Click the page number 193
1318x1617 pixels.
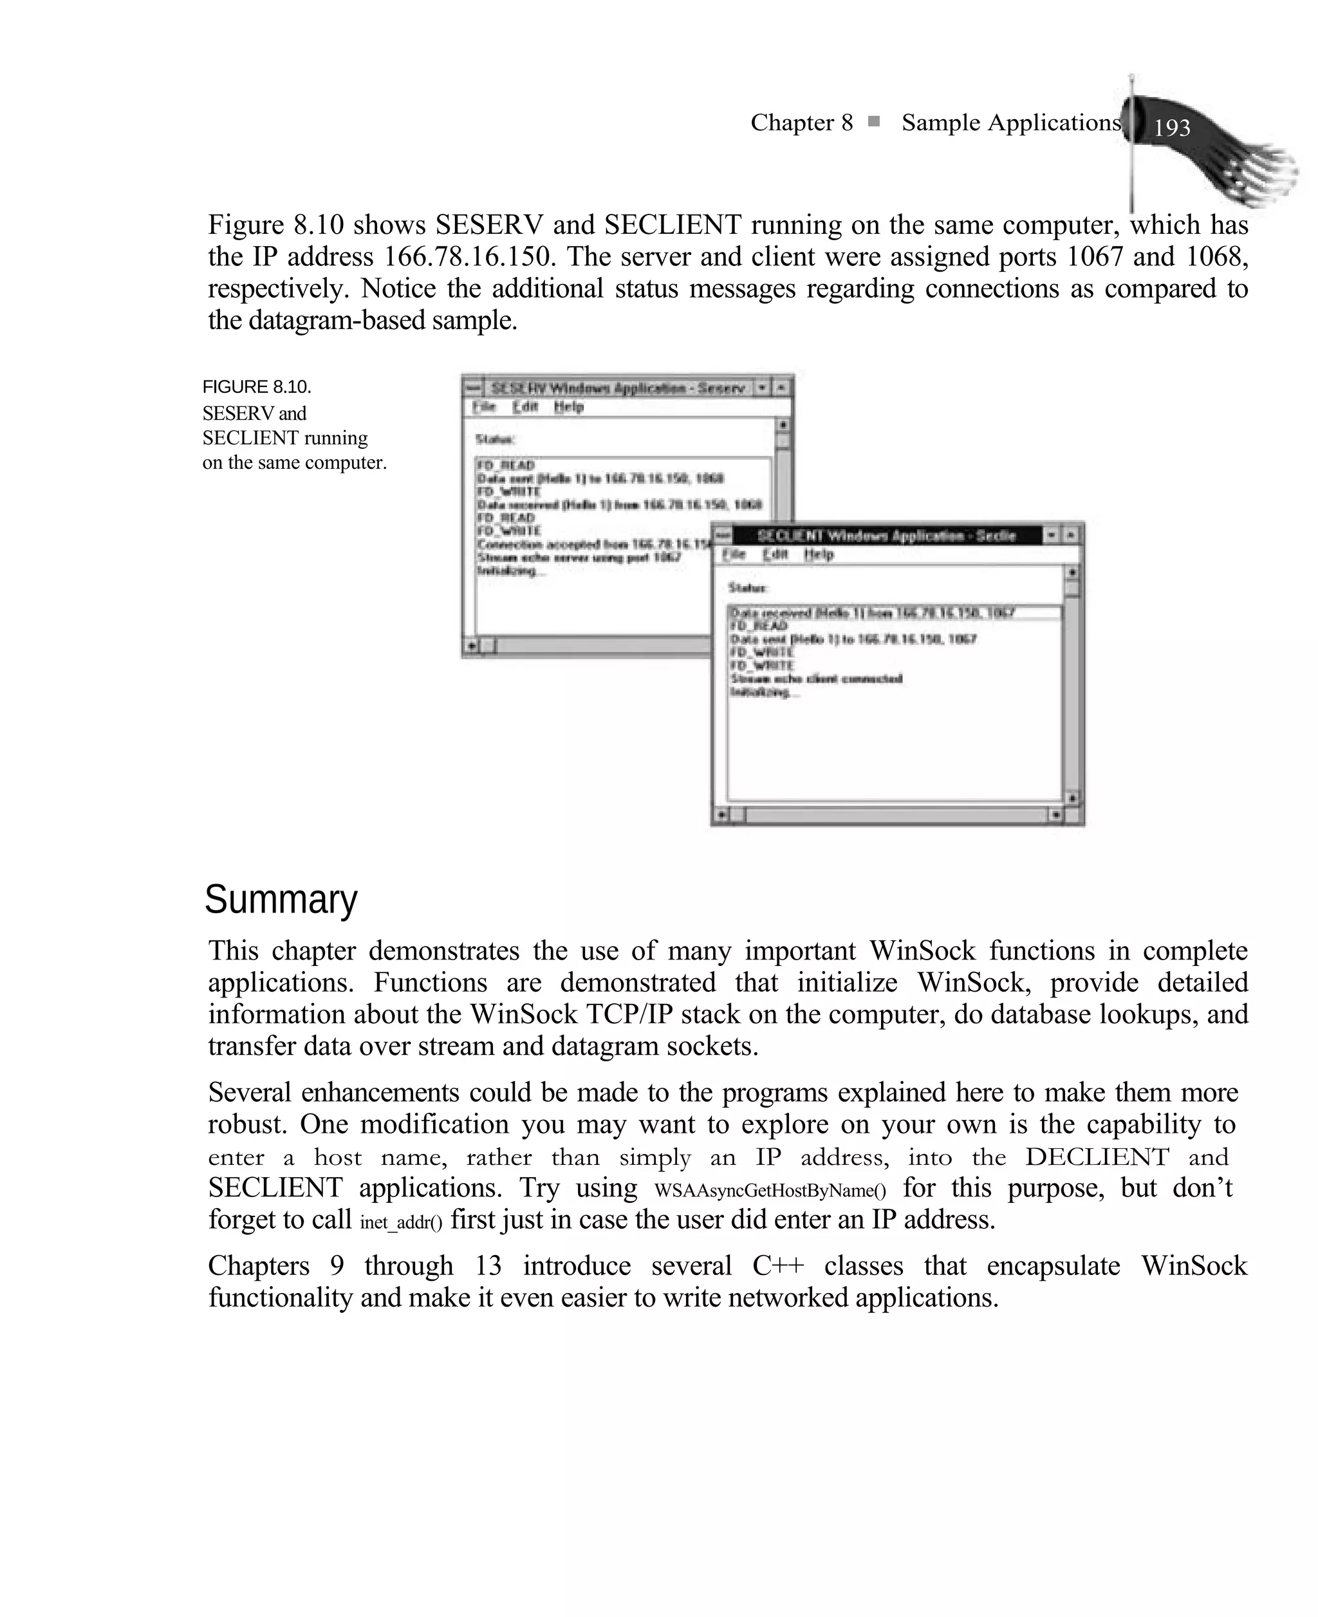click(1171, 128)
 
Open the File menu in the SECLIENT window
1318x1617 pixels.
click(734, 554)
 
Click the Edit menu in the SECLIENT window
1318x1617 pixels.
click(775, 554)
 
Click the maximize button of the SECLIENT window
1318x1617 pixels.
click(1070, 535)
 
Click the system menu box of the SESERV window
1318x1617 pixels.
click(472, 388)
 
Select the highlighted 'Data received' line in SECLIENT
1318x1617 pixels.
click(873, 612)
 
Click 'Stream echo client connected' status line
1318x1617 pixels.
click(816, 678)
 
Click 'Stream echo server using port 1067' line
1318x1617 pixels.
click(579, 558)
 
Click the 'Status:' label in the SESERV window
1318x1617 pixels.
click(495, 439)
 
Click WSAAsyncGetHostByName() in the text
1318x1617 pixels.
click(770, 1190)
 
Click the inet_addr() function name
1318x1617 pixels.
click(400, 1222)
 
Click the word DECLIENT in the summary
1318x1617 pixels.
click(1097, 1157)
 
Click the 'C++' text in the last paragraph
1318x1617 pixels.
click(777, 1266)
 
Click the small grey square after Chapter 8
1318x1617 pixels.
click(874, 122)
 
